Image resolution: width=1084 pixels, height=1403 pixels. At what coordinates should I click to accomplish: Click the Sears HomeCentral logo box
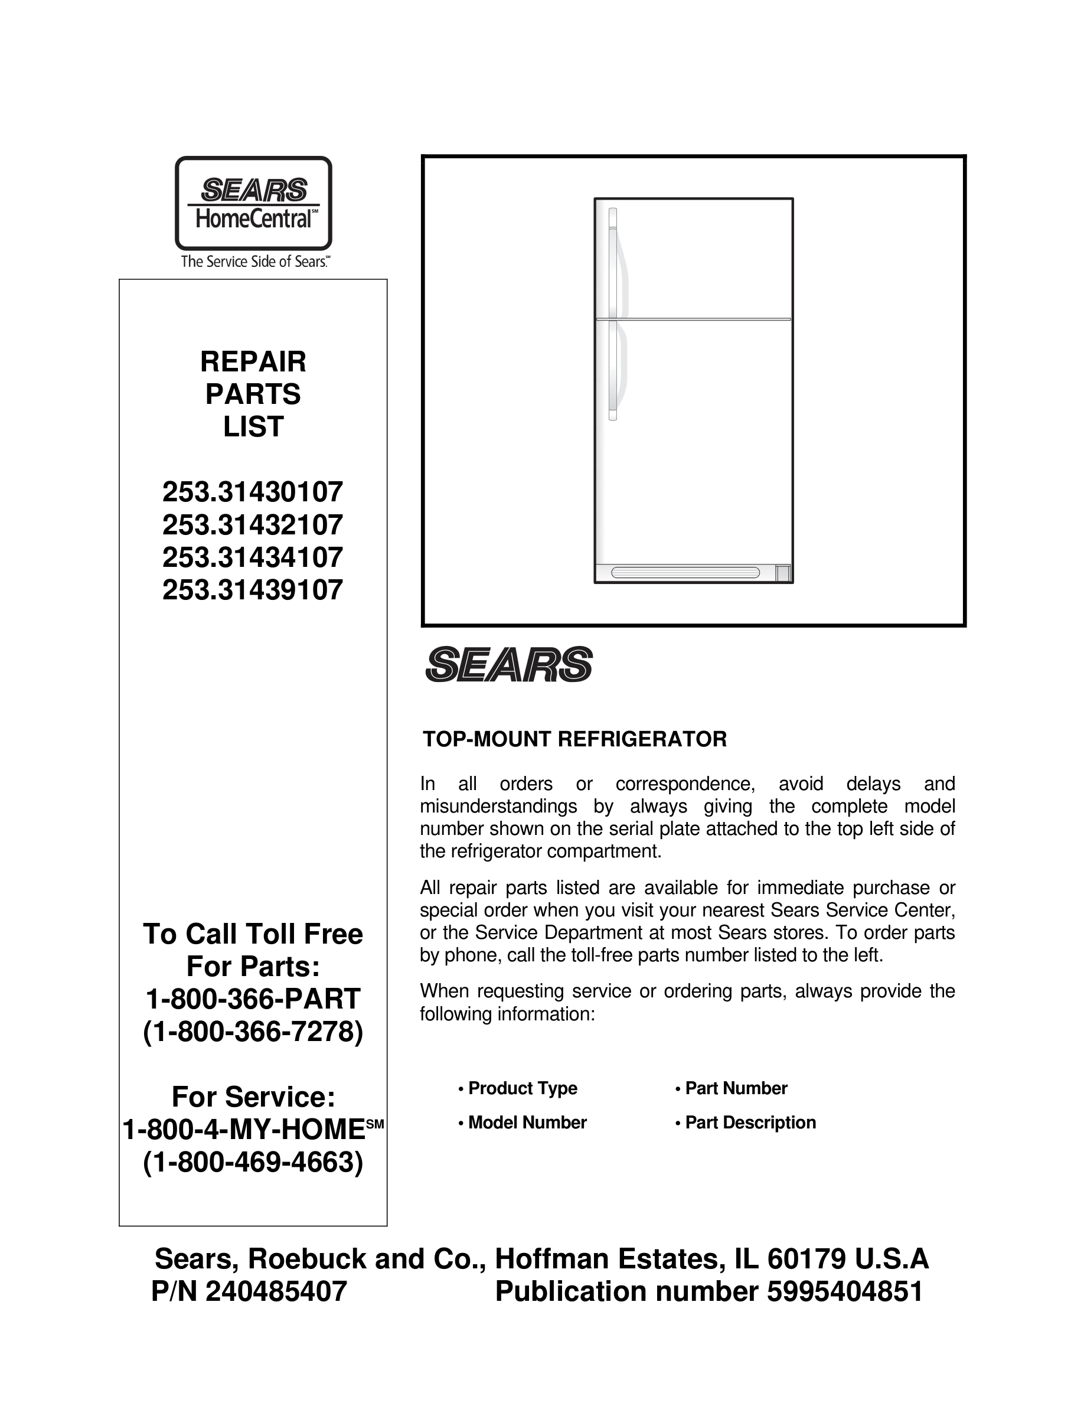pyautogui.click(x=253, y=203)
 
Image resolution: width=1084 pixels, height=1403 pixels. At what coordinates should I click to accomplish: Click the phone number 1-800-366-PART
pyautogui.click(x=253, y=999)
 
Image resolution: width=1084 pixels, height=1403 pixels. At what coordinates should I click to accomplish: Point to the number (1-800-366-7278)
pyautogui.click(x=253, y=1032)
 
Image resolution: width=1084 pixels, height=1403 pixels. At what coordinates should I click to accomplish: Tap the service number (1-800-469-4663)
pyautogui.click(x=253, y=1161)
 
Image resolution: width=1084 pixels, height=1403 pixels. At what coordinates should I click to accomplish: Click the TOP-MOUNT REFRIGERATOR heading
pyautogui.click(x=574, y=739)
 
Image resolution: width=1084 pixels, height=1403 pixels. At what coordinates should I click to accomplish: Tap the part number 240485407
pyautogui.click(x=276, y=1291)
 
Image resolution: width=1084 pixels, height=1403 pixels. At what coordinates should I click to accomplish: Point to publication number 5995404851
pyautogui.click(x=844, y=1291)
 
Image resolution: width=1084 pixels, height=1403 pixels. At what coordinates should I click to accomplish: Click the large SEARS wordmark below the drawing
pyautogui.click(x=508, y=664)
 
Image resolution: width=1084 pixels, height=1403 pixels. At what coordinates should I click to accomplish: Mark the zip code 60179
pyautogui.click(x=806, y=1259)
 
